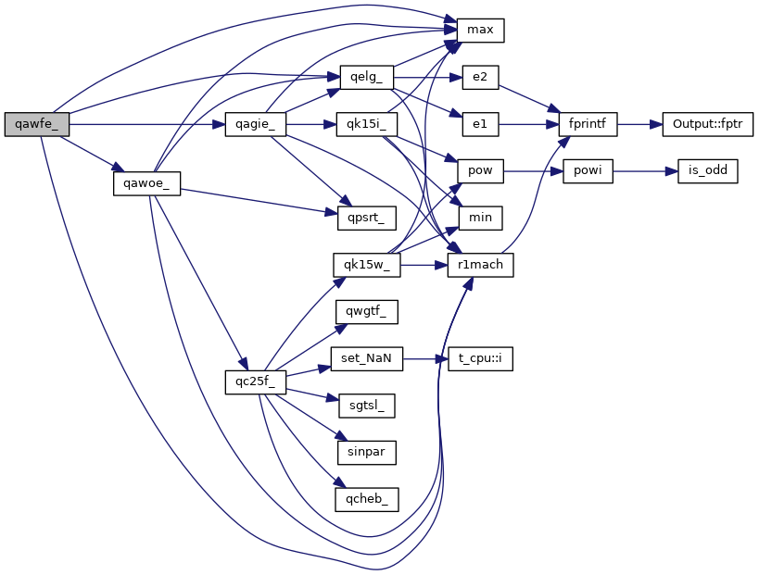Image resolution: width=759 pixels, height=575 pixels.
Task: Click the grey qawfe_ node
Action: (36, 124)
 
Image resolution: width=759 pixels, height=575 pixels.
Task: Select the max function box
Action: (479, 31)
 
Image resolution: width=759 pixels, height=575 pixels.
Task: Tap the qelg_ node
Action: (367, 77)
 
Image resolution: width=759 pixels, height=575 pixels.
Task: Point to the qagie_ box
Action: (255, 124)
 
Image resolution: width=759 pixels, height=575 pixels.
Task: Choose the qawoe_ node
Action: (145, 182)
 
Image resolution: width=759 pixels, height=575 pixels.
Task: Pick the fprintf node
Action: (588, 124)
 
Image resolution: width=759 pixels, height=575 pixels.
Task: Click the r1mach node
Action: (479, 266)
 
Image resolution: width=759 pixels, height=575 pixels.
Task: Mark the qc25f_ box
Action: (255, 381)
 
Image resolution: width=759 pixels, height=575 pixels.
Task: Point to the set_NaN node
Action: (367, 359)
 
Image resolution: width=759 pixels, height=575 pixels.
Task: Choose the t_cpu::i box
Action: (479, 359)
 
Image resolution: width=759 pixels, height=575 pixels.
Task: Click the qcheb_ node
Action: (367, 499)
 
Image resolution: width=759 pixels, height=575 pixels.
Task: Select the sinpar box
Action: (367, 452)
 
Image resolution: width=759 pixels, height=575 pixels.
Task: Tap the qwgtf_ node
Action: (367, 312)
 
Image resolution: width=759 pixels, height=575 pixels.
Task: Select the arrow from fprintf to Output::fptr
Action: (639, 124)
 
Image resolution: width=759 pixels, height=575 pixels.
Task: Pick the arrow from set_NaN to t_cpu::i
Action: (426, 359)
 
